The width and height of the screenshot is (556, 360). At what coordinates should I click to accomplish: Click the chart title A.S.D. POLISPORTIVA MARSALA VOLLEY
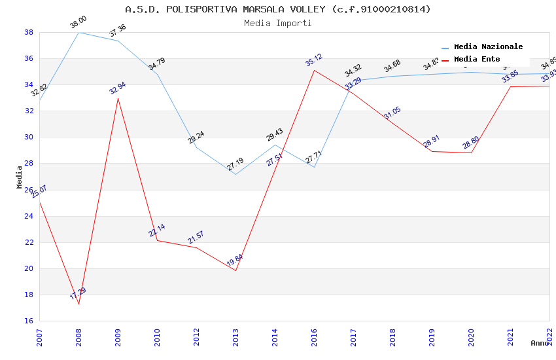coord(278,9)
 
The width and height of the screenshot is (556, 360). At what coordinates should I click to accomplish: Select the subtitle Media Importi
coord(278,23)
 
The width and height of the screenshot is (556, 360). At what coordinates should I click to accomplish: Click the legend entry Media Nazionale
coord(488,47)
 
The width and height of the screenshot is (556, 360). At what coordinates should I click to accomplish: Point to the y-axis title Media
coord(20,177)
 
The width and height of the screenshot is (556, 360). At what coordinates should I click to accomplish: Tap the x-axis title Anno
coord(540,343)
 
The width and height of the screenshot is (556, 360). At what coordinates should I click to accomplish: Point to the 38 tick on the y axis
coord(29,32)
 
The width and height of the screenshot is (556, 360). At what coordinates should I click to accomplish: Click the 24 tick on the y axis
coord(29,216)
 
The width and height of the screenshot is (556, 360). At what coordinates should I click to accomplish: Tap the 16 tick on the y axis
coord(29,321)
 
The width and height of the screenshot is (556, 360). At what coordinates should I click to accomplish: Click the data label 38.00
coord(78,23)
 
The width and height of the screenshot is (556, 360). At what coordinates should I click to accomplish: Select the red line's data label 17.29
coord(78,294)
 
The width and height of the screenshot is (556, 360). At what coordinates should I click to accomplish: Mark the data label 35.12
coord(314,60)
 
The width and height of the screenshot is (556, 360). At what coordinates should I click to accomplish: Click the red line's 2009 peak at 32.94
coord(118,98)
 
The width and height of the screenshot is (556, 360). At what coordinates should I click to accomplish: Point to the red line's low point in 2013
coord(235,270)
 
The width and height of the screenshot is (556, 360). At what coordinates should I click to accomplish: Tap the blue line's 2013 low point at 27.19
coord(235,174)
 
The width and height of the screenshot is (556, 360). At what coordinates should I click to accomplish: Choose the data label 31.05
coord(392,112)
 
